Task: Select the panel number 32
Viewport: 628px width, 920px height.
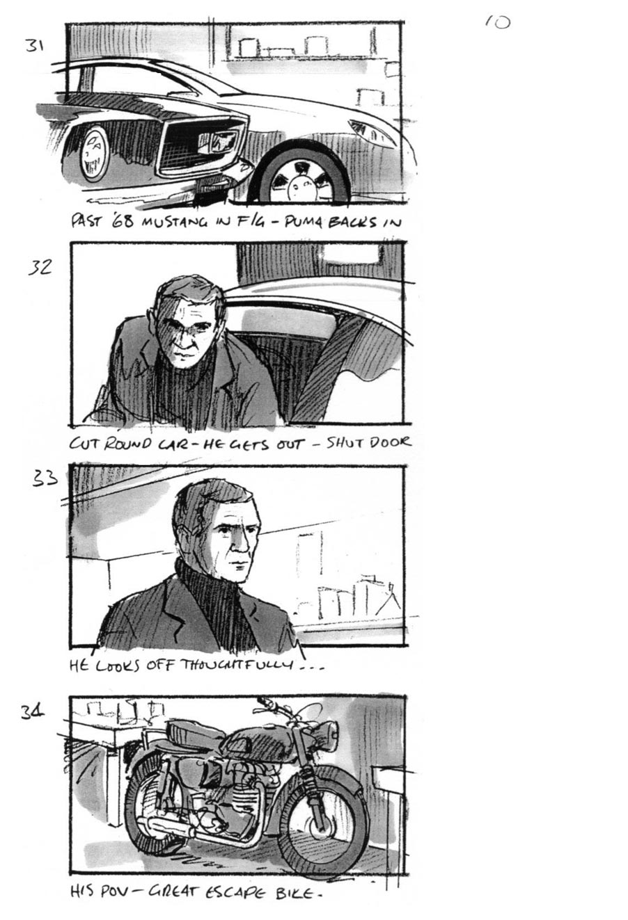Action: coord(40,266)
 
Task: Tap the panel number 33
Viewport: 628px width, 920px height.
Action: coord(45,479)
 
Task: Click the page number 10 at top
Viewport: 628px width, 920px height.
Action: coord(497,22)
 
